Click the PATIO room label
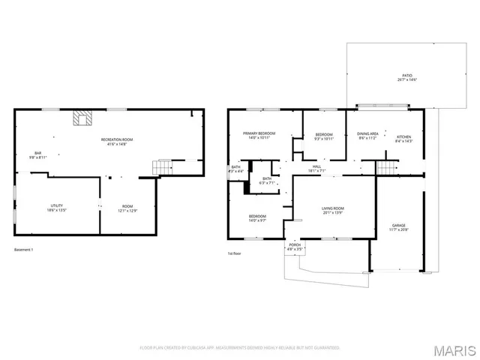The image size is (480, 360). point(407,76)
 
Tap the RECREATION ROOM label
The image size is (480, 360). point(117,139)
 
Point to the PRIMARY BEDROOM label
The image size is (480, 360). point(259,133)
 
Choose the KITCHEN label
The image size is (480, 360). point(403,136)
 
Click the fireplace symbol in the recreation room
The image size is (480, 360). point(82,118)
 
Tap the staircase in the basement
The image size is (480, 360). point(161,166)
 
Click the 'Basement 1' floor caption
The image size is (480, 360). point(24,250)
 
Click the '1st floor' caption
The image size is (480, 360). point(234,253)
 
